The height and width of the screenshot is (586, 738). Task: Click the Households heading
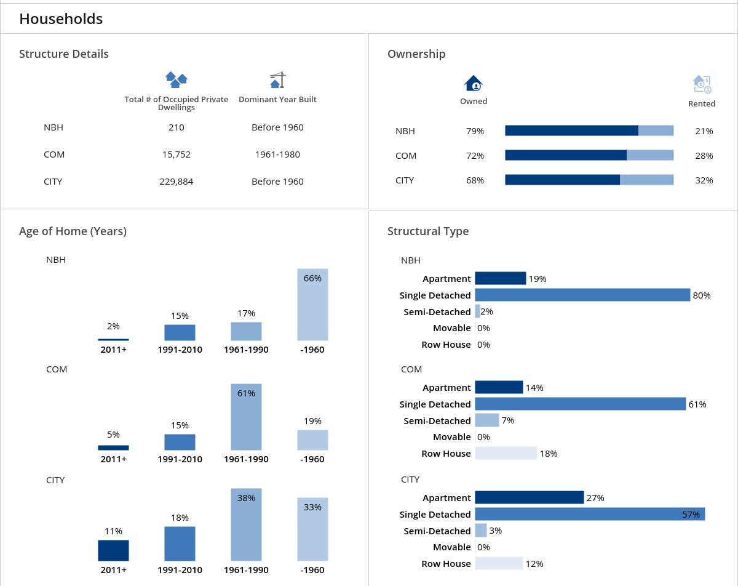tap(61, 19)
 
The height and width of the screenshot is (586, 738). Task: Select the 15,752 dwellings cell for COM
tap(177, 155)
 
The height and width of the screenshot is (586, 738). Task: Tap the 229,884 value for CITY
tap(177, 182)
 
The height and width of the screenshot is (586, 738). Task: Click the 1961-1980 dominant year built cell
tap(277, 155)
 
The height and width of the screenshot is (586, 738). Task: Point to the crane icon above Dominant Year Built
tap(278, 80)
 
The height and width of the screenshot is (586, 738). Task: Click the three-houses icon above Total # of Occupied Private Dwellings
tap(177, 80)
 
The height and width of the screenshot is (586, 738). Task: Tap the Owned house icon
tap(474, 83)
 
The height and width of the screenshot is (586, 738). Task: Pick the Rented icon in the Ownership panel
tap(702, 84)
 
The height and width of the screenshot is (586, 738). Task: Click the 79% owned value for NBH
tap(475, 131)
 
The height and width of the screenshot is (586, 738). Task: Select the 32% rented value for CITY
tap(704, 180)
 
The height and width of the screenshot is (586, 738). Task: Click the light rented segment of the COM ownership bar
tap(650, 156)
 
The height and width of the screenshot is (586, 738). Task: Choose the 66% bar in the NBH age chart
tap(312, 305)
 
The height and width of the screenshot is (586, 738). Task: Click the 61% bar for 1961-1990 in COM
tap(246, 417)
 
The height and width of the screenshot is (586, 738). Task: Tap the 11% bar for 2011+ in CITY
tap(113, 550)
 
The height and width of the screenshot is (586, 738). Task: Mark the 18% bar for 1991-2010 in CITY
tap(180, 544)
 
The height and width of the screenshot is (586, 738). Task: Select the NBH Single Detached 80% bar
tap(582, 295)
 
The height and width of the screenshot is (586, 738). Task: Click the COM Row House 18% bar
tap(506, 454)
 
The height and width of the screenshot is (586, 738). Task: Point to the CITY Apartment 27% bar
tap(529, 497)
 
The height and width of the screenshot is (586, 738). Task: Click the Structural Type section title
tap(428, 231)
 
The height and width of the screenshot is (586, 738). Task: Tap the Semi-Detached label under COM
tap(437, 421)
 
